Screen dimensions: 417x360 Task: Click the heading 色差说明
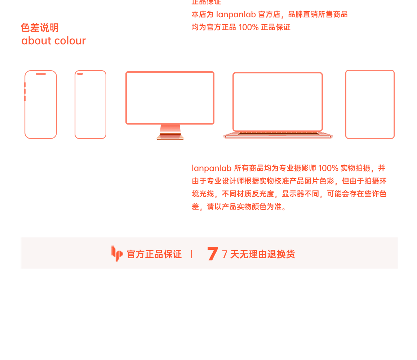[x=40, y=28]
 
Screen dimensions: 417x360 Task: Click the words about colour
[x=53, y=41]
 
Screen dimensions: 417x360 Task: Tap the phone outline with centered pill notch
[x=41, y=104]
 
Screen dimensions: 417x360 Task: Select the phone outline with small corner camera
[x=90, y=104]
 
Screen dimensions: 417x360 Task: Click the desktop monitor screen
[x=170, y=98]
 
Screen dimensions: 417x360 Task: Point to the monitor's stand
[x=170, y=132]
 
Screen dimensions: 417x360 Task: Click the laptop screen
[x=278, y=102]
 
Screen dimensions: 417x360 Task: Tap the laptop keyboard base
[x=278, y=135]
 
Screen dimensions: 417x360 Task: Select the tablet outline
[x=370, y=104]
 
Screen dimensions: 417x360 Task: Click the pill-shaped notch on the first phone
[x=41, y=74]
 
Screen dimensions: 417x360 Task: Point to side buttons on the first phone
[x=25, y=91]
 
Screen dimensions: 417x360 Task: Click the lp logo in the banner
[x=117, y=253]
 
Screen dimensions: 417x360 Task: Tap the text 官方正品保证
[x=154, y=254]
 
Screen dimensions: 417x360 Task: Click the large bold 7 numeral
[x=213, y=254]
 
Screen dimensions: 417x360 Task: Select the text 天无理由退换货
[x=262, y=254]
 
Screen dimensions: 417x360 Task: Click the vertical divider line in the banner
[x=191, y=254]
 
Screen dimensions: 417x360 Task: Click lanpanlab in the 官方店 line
[x=236, y=14]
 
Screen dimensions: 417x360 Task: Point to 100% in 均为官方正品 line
[x=248, y=27]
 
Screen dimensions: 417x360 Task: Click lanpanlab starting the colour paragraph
[x=211, y=168]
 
